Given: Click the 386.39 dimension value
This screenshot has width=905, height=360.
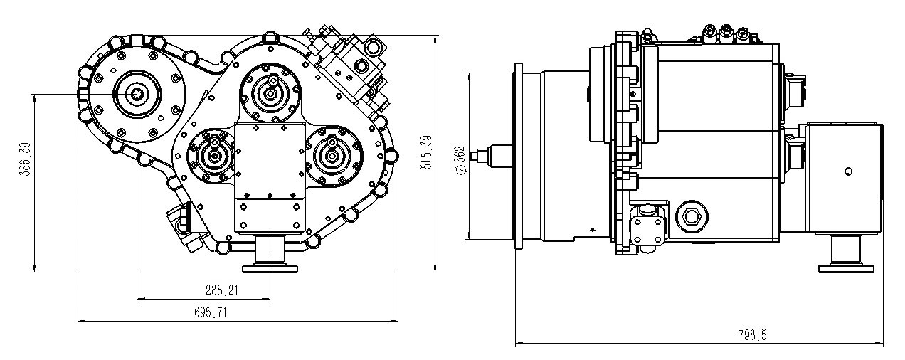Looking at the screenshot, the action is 26,159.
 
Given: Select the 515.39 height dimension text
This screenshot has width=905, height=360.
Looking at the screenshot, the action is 426,152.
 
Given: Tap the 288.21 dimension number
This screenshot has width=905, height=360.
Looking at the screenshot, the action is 222,290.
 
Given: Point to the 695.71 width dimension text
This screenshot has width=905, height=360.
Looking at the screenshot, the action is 211,312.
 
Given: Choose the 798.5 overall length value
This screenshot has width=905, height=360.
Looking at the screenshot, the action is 753,335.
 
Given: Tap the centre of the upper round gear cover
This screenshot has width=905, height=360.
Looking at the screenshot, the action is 270,94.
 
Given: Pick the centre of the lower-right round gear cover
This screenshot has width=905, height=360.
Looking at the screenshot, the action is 332,156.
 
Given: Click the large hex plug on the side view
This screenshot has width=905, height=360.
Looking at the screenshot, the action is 692,217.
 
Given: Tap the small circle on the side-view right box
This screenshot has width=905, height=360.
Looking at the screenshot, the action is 849,171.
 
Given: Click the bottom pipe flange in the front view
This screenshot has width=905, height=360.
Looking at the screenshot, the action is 270,268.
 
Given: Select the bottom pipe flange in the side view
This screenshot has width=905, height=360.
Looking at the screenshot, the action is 846,268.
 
